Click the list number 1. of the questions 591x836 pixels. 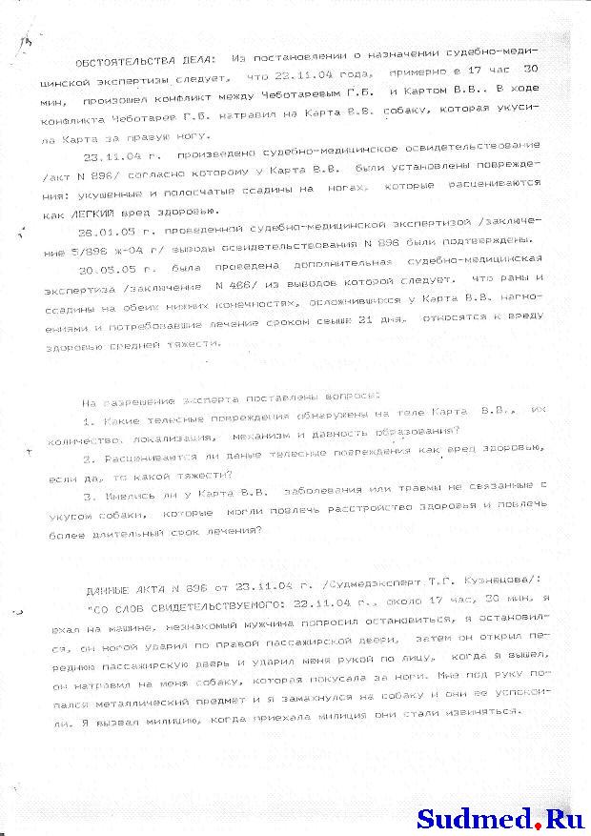tap(88, 422)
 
